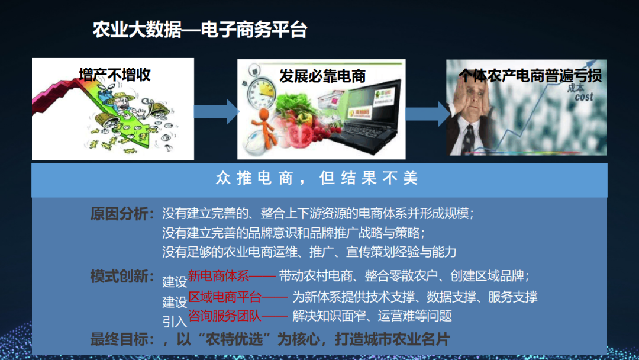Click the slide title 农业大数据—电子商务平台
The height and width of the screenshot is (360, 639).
200,30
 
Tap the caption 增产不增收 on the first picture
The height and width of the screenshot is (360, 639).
115,75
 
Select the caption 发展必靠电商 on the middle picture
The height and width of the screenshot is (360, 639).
322,76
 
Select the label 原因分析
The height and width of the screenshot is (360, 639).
121,214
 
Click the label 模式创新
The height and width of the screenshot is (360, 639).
121,277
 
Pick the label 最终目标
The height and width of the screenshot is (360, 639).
121,340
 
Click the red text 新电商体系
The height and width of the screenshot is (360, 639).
219,275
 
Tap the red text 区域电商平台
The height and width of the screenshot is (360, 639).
224,296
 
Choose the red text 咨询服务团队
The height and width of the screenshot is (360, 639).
224,316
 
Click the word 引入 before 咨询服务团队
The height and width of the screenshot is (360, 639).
175,322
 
